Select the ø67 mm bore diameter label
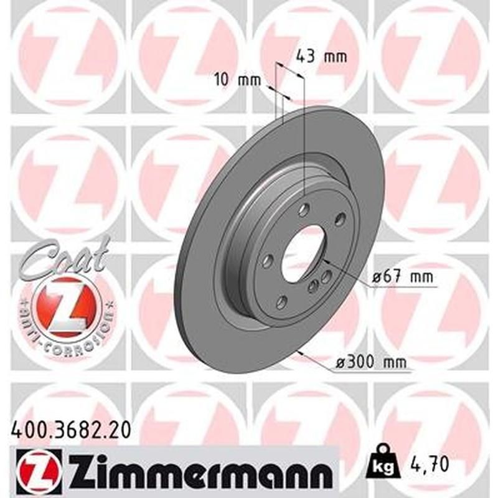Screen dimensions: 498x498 402,277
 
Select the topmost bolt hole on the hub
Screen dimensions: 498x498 303,210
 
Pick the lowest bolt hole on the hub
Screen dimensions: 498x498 281,302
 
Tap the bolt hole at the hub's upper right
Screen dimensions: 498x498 340,219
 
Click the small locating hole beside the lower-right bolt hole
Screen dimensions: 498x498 326,278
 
